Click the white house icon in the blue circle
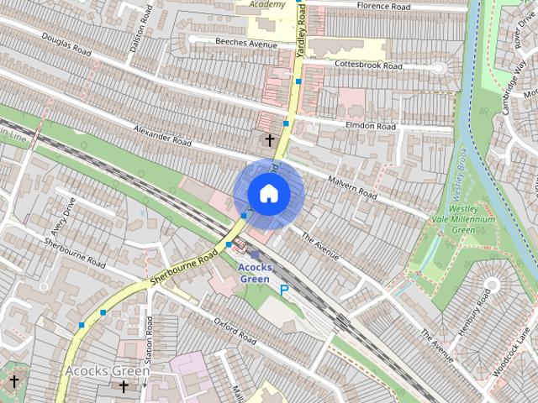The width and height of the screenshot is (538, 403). coord(268,193)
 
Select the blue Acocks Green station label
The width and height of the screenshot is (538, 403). coord(254,273)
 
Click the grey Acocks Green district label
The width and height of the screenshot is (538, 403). coord(108,370)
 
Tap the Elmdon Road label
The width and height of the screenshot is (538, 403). coord(370,125)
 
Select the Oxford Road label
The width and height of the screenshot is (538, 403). coord(235,331)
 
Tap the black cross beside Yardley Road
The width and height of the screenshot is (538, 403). coord(270,140)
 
